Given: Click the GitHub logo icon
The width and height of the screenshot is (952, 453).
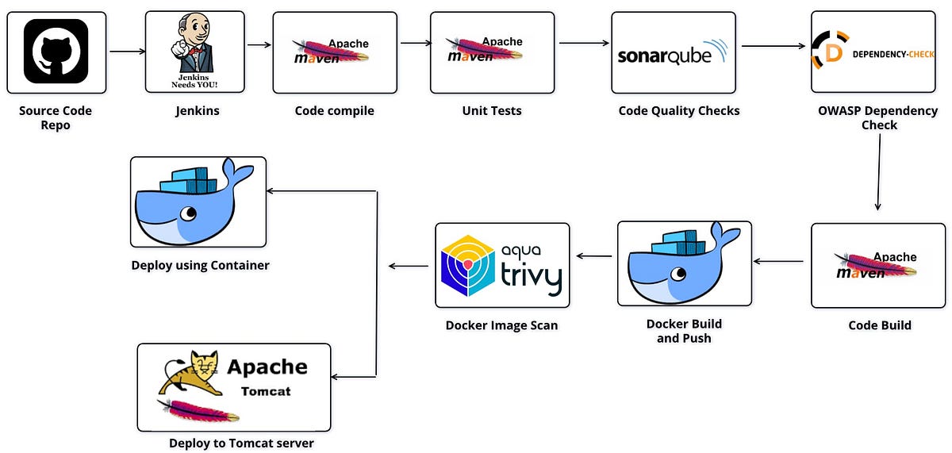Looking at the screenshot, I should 56,52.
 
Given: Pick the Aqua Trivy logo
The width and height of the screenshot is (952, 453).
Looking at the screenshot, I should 502,265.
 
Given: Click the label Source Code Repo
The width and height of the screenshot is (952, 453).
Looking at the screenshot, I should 56,118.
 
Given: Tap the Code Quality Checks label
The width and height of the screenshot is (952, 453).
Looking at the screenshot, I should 679,111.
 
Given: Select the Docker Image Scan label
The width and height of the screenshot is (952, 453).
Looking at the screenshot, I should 501,325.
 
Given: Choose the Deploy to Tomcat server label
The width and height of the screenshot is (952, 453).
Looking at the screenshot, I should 241,443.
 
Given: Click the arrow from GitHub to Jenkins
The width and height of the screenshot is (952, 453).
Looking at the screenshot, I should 127,52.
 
